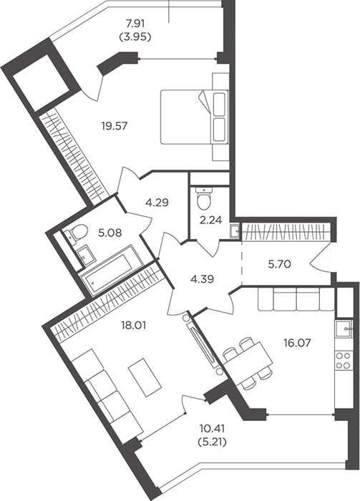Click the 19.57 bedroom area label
pyautogui.click(x=115, y=126)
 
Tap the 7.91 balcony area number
pyautogui.click(x=135, y=24)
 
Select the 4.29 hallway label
pyautogui.click(x=157, y=203)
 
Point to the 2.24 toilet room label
pyautogui.click(x=210, y=220)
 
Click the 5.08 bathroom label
pyautogui.click(x=110, y=233)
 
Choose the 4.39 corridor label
pyautogui.click(x=202, y=279)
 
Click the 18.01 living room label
pyautogui.click(x=133, y=326)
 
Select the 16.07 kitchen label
pyautogui.click(x=297, y=343)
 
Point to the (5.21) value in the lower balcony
pyautogui.click(x=213, y=442)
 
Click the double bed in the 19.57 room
pyautogui.click(x=195, y=117)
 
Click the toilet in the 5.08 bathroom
pyautogui.click(x=76, y=233)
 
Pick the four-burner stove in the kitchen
pyautogui.click(x=344, y=360)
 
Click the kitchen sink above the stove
pyautogui.click(x=344, y=328)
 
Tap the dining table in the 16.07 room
pyautogui.click(x=248, y=363)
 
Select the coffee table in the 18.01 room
pyautogui.click(x=145, y=377)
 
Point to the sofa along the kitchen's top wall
pyautogui.click(x=296, y=299)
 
